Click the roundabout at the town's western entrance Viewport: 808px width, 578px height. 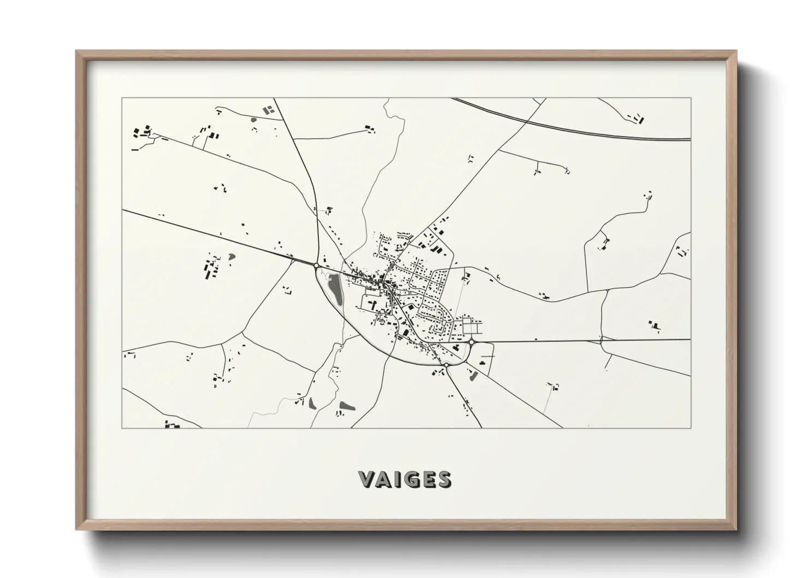coord(316,266)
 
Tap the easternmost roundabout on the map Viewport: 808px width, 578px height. coord(471,342)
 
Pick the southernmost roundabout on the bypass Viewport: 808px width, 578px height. coord(446,364)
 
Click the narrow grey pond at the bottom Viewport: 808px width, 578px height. coord(312,404)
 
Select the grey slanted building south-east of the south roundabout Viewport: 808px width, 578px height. coord(473,375)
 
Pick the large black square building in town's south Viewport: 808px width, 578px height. coord(406,332)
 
